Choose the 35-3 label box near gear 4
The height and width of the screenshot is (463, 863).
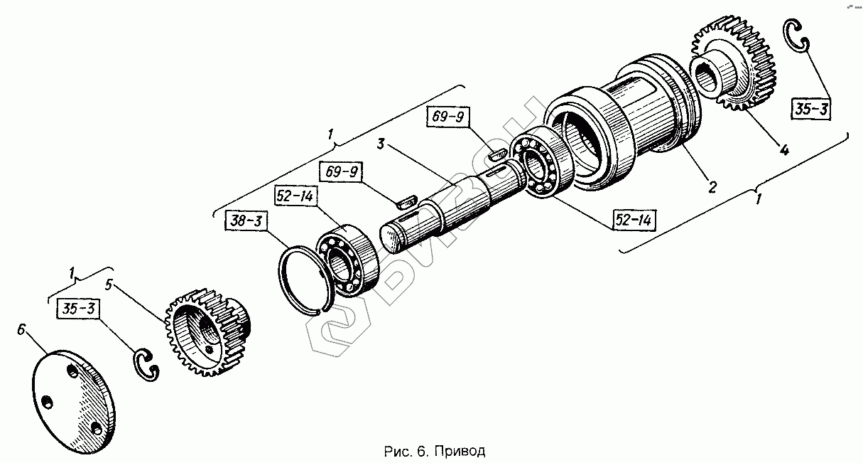click(810, 110)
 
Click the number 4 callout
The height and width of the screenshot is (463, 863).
click(783, 150)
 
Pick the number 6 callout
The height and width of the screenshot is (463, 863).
click(22, 329)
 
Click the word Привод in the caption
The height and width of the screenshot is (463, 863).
click(467, 452)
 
